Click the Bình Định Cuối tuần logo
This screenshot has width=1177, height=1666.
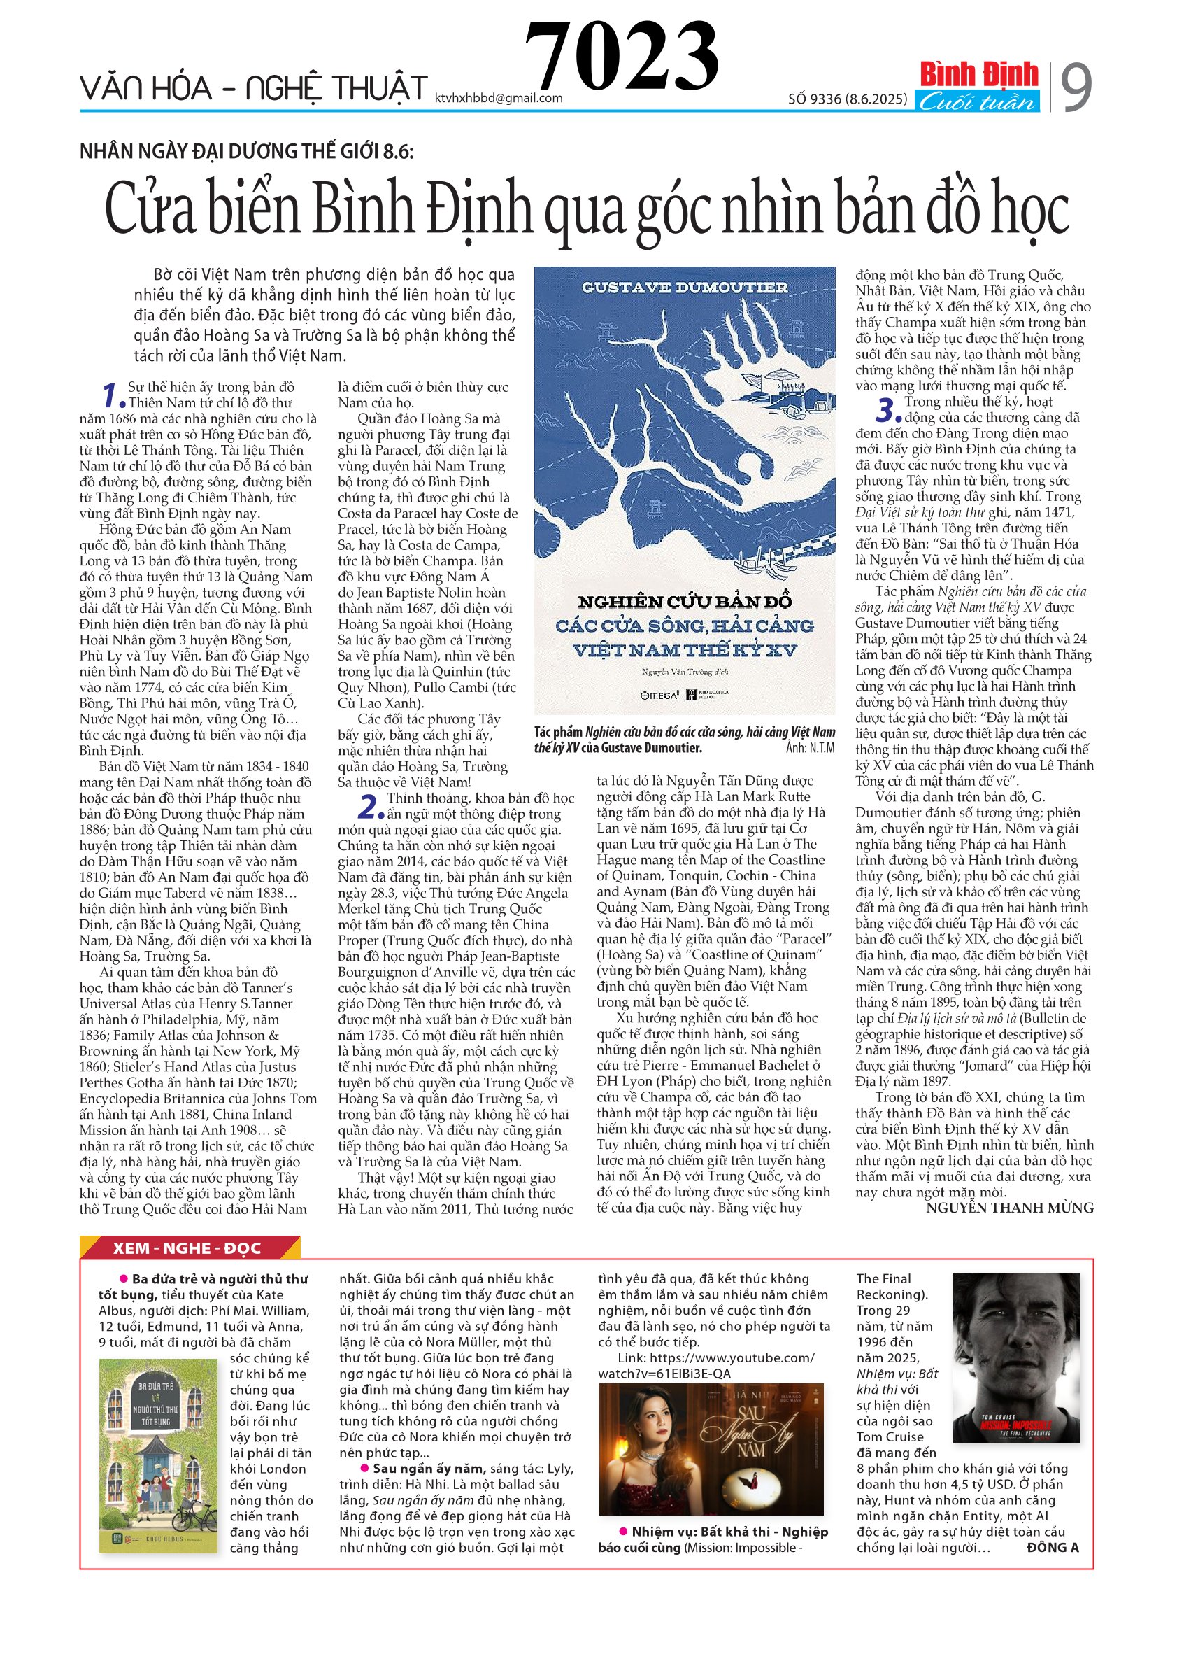[978, 86]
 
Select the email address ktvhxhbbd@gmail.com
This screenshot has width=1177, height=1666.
[498, 98]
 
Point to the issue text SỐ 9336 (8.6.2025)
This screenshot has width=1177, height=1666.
[847, 99]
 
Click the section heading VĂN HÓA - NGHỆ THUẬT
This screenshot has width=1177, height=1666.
[253, 89]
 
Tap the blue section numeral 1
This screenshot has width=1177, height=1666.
[113, 396]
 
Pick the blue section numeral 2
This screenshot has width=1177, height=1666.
[371, 807]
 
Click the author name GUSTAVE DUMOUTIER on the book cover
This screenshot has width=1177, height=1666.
[684, 288]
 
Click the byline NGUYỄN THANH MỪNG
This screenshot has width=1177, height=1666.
[1008, 1208]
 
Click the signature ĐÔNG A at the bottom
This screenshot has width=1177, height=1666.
[1053, 1547]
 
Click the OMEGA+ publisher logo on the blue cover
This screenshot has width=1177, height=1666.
[659, 694]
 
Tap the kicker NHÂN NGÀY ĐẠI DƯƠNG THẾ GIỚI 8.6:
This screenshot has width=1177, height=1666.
[247, 152]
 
